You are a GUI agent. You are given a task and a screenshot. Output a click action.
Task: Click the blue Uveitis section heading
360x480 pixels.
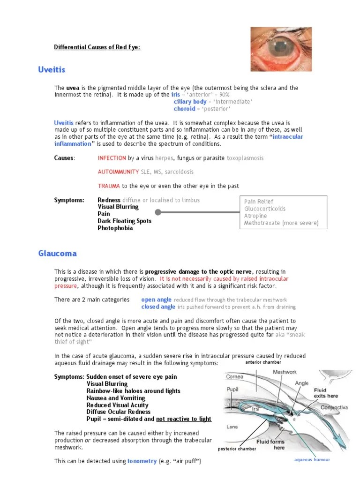click(52, 70)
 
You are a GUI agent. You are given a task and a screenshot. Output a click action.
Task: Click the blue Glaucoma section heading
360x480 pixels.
click(57, 254)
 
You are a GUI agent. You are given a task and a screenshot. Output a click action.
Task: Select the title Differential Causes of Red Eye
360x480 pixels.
click(97, 47)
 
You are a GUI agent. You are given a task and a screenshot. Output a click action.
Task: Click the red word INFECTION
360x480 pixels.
click(112, 158)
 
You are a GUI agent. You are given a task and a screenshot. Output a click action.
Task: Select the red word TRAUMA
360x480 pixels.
click(109, 186)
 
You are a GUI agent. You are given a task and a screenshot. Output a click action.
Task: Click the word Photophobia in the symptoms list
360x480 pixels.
click(115, 228)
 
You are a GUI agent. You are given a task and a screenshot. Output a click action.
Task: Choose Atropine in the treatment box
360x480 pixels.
click(255, 216)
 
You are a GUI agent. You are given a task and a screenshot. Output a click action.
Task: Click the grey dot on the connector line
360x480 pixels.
click(158, 212)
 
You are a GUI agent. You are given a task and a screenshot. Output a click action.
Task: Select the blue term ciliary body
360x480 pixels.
click(190, 102)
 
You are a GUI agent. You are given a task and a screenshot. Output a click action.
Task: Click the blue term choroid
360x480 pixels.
click(184, 109)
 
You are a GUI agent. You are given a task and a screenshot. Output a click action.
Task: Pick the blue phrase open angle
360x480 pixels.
click(156, 300)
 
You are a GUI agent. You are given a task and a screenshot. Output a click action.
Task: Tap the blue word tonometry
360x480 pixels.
click(142, 461)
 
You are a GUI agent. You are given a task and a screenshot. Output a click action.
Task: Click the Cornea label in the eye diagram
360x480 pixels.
click(234, 376)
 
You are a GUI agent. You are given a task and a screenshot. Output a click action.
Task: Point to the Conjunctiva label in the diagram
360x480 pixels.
click(334, 407)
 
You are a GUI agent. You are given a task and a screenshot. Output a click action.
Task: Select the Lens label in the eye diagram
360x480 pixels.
click(232, 427)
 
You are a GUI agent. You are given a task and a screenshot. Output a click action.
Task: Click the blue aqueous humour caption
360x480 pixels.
click(312, 460)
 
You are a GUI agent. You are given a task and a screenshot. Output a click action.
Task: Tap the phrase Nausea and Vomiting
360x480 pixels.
click(116, 398)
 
